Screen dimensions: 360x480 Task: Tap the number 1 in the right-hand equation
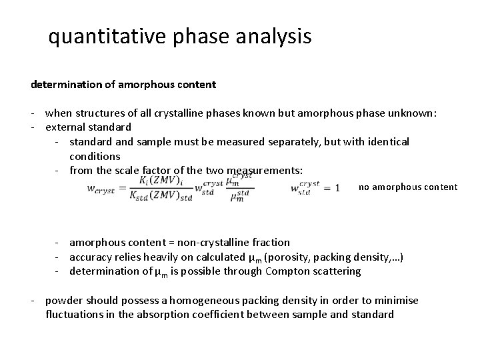[337, 189]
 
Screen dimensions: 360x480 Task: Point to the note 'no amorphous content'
[408, 187]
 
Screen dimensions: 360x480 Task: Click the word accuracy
[93, 257]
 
